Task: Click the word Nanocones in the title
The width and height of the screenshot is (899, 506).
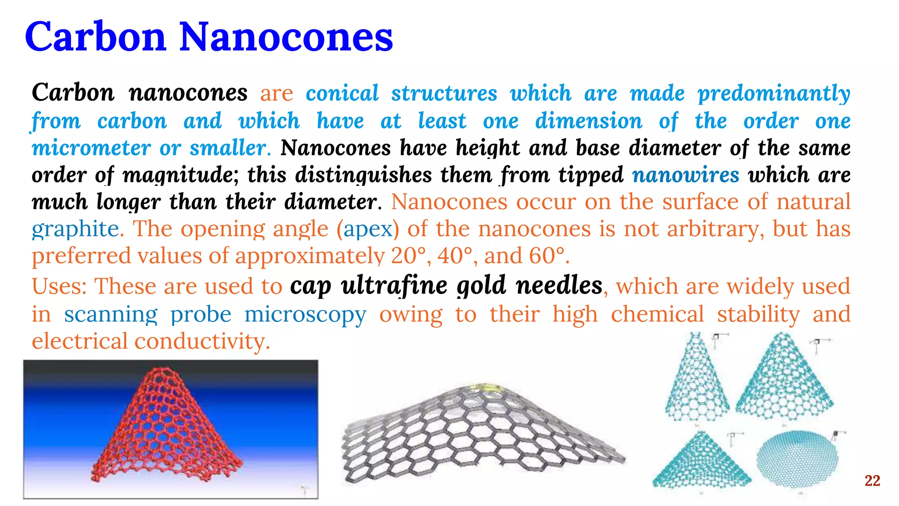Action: (x=286, y=37)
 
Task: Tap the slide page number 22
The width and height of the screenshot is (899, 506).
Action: (x=872, y=481)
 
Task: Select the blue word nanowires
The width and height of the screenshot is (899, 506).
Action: (x=686, y=175)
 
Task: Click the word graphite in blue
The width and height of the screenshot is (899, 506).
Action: (x=75, y=229)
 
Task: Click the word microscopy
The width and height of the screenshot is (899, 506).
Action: (x=305, y=314)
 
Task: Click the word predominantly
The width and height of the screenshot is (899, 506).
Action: (x=774, y=94)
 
